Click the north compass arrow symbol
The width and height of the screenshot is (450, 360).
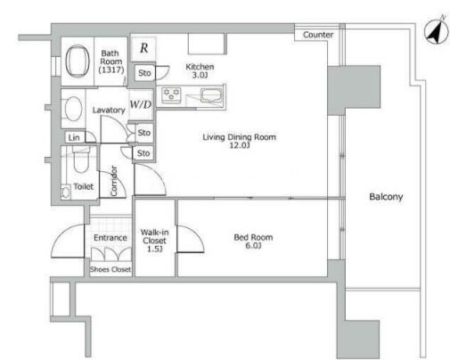[437, 31]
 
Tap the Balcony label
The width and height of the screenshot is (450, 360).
[386, 197]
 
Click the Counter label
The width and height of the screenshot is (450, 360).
[318, 35]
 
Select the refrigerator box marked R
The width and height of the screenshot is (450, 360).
[143, 48]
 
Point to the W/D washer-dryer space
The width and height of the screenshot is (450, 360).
[141, 104]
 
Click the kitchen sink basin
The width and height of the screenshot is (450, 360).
[211, 95]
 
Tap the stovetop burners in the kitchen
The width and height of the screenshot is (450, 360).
[171, 95]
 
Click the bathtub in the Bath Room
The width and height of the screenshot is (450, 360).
[78, 61]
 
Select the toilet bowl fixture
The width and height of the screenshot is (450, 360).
[80, 162]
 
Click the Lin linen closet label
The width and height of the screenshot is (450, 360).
[74, 137]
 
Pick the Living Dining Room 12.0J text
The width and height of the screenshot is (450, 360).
[239, 141]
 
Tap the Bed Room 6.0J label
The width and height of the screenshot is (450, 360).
[253, 241]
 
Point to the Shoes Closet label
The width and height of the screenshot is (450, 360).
[110, 269]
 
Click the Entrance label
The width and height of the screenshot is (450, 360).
[110, 238]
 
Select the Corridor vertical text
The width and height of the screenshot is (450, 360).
[113, 181]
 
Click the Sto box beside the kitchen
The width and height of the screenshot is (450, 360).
[144, 73]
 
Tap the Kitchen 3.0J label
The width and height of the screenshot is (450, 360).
[200, 70]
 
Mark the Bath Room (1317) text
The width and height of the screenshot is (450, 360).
[111, 61]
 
